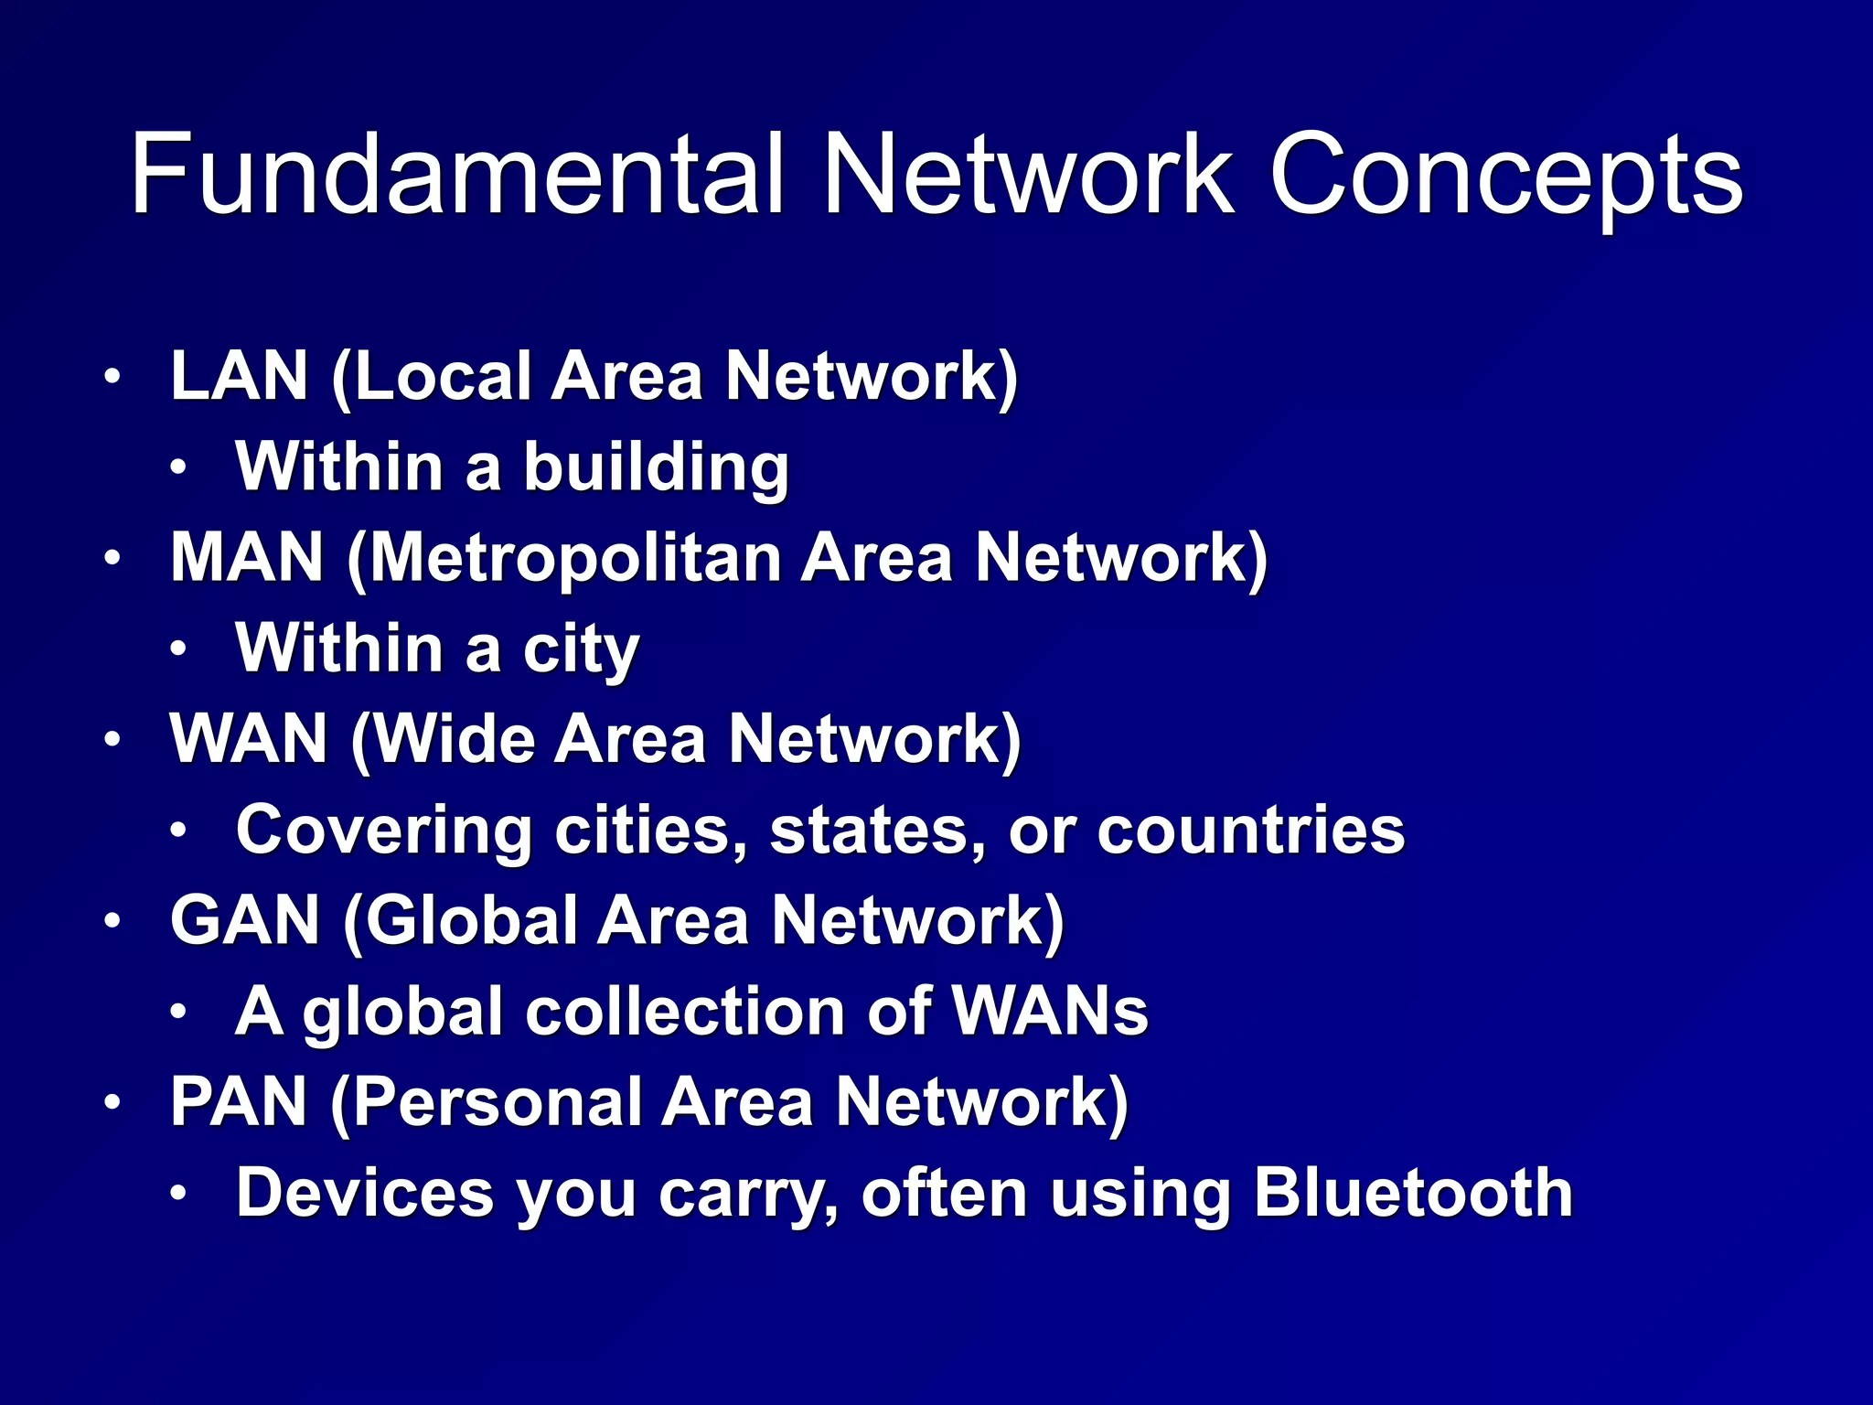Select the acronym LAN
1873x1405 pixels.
(240, 376)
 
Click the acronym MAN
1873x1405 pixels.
(247, 557)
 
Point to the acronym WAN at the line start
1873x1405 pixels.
(249, 738)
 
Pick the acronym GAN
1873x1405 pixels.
(245, 920)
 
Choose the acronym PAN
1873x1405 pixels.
(239, 1101)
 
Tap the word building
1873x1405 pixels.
(656, 467)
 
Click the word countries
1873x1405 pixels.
(1250, 830)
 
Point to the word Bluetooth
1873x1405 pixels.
(1413, 1193)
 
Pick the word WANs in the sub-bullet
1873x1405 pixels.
(1050, 1012)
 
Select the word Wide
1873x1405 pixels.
(455, 738)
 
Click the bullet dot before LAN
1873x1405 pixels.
(112, 377)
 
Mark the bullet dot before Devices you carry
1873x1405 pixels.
(178, 1193)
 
